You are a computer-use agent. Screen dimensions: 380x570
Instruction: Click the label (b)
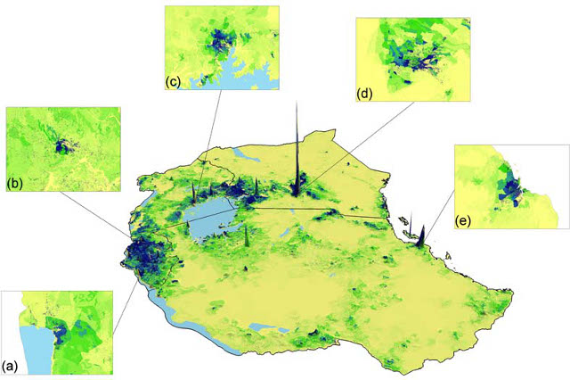click(x=14, y=184)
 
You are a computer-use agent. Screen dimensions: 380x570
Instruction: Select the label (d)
click(x=363, y=90)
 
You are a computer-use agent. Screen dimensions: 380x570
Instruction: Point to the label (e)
click(x=463, y=219)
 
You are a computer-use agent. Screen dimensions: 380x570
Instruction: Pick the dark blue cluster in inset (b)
click(x=61, y=145)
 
